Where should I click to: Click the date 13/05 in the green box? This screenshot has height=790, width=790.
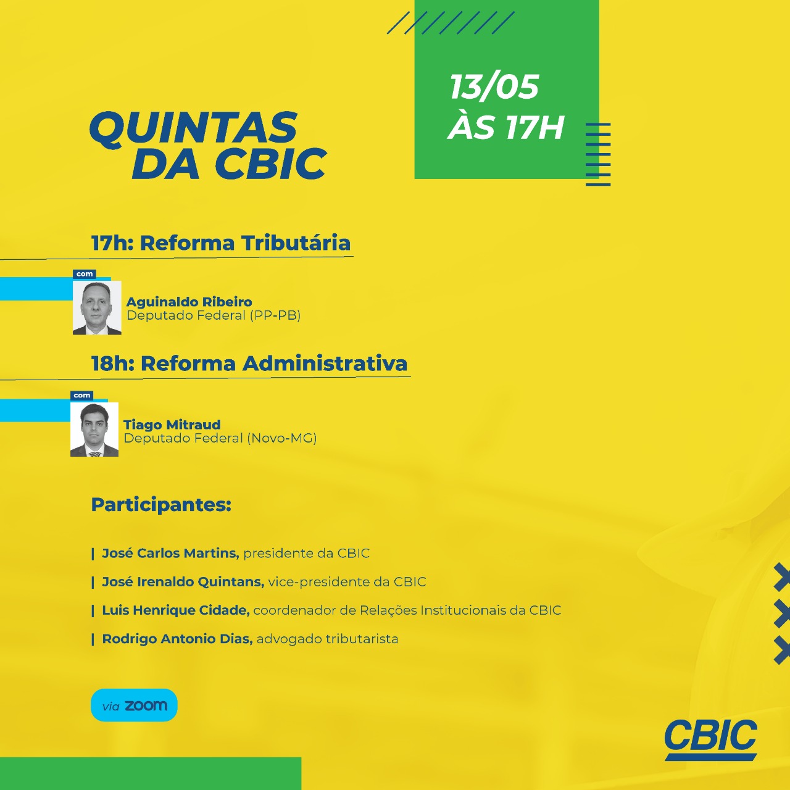[x=494, y=87]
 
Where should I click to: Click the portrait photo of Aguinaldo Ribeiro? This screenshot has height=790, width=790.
[x=97, y=307]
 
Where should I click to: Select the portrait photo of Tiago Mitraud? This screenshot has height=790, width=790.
[x=94, y=429]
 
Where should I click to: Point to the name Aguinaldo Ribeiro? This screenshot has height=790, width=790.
[x=189, y=302]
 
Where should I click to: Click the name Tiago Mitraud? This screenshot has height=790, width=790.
[x=172, y=424]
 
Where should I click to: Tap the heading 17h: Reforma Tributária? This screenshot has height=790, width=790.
[x=220, y=243]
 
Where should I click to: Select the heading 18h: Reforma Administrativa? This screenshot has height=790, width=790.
[x=249, y=364]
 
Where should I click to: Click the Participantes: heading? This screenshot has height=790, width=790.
[x=161, y=505]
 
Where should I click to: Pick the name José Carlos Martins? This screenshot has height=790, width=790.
[x=170, y=553]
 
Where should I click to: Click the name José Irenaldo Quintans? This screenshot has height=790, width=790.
[x=183, y=582]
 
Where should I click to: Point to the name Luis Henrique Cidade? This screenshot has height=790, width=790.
[x=176, y=610]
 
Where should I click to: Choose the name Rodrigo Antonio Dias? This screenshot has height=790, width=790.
[x=178, y=639]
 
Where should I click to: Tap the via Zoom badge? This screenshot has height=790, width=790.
[x=134, y=705]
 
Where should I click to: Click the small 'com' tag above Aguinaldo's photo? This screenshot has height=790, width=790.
[x=85, y=274]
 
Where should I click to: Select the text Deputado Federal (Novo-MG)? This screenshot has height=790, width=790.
[x=220, y=438]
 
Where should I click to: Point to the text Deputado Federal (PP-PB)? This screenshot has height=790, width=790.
[x=214, y=315]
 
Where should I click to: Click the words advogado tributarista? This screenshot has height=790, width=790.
[x=328, y=639]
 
